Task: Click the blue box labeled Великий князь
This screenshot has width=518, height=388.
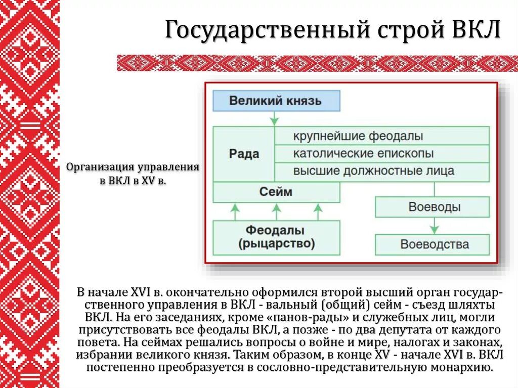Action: point(276,101)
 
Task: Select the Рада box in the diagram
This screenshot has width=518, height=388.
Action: point(244,154)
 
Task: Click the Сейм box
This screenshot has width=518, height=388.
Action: point(276,192)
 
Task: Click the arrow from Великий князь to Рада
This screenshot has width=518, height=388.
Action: point(274,118)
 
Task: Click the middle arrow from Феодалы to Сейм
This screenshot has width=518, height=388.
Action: point(276,211)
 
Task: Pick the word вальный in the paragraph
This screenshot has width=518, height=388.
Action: point(286,305)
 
